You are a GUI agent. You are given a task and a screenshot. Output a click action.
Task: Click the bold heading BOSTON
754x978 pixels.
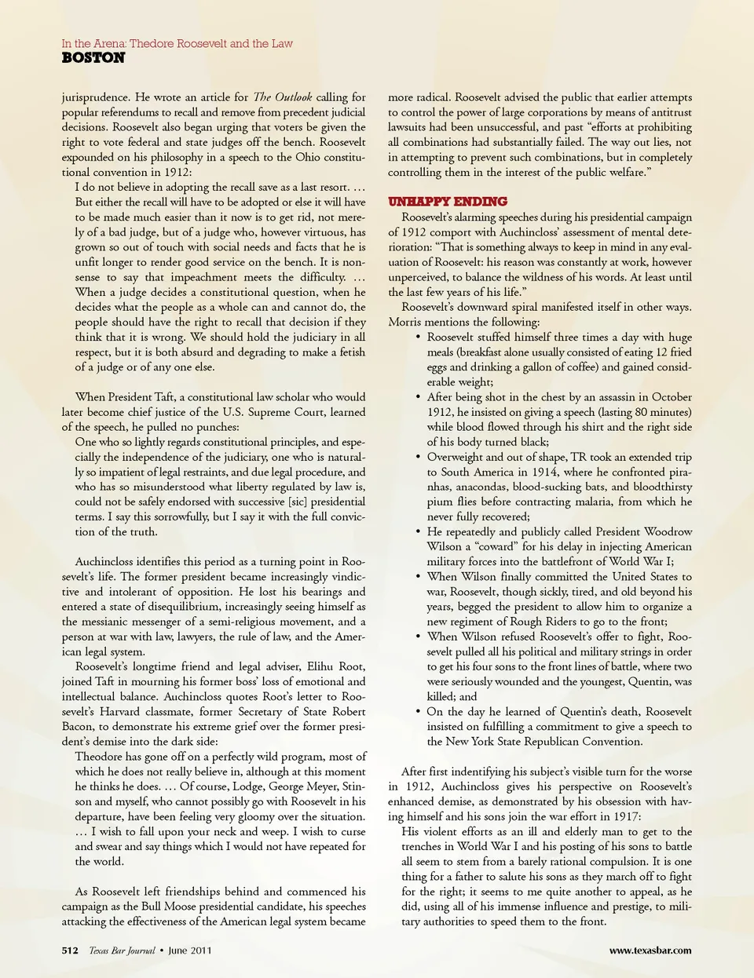click(93, 58)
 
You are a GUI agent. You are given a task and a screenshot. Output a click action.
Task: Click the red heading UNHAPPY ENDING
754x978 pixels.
click(448, 202)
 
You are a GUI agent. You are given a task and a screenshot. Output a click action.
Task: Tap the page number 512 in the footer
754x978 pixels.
click(70, 951)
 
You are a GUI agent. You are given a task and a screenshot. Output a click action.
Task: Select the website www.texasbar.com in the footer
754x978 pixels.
click(650, 951)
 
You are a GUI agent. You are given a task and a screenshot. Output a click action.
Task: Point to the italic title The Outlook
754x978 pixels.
click(282, 97)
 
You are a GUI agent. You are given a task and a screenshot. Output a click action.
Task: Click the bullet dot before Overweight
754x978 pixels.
click(418, 457)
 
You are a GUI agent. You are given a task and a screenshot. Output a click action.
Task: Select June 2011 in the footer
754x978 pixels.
click(190, 951)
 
